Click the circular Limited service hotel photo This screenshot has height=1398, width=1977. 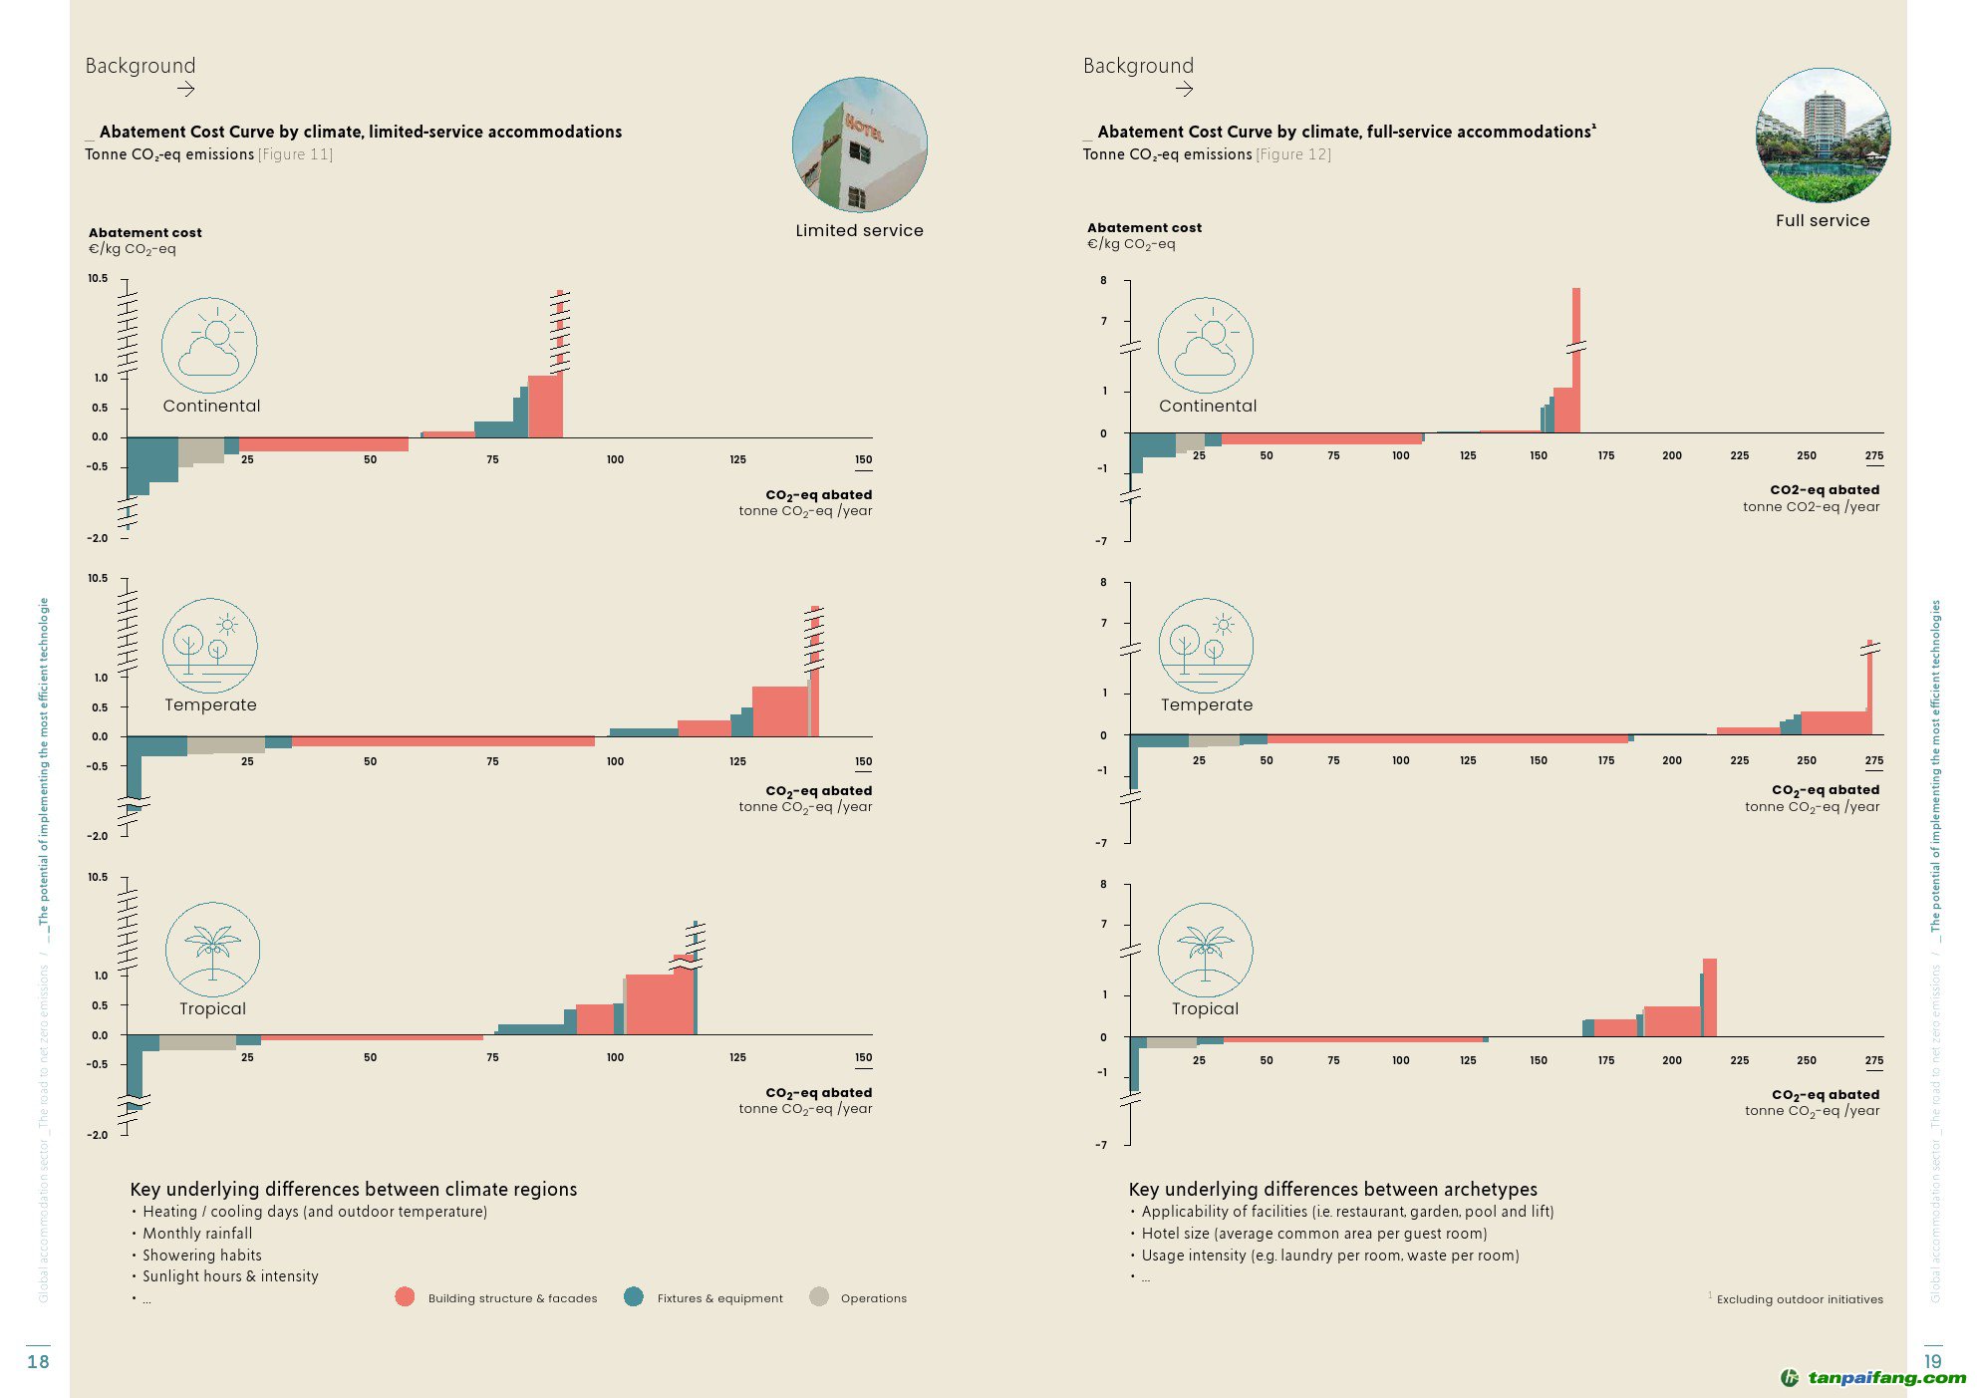point(859,144)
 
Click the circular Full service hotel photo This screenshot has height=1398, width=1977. point(1823,136)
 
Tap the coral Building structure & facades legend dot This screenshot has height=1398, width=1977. point(405,1296)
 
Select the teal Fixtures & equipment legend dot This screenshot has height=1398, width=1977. point(633,1296)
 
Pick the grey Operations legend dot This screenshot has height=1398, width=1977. point(819,1296)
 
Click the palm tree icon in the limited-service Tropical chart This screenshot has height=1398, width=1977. point(212,949)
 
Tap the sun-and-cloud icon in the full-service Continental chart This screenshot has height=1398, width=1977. point(1205,345)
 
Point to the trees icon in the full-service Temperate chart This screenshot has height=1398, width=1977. point(1206,645)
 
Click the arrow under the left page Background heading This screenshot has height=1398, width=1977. point(185,89)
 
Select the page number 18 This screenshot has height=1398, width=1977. point(38,1361)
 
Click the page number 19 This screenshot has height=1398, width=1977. point(1932,1361)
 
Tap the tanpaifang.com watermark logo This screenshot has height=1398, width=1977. point(1873,1378)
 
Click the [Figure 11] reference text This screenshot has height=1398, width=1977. point(296,154)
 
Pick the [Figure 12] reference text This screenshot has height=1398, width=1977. point(1293,154)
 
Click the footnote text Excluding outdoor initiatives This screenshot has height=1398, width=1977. point(1800,1299)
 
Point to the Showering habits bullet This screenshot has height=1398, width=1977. point(202,1256)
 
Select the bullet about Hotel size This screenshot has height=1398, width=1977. point(1314,1234)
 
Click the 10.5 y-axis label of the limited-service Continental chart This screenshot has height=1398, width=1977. point(98,278)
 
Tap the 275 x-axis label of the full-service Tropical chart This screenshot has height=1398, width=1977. point(1874,1060)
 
